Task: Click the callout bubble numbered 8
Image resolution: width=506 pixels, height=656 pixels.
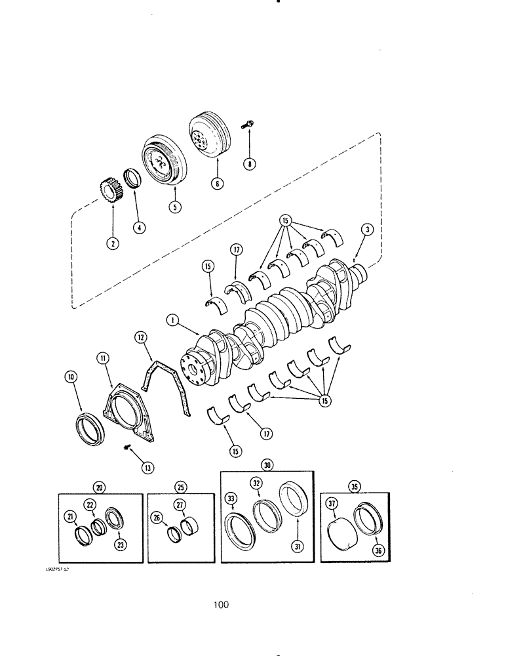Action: click(249, 165)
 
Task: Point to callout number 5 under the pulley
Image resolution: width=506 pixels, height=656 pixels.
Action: click(174, 206)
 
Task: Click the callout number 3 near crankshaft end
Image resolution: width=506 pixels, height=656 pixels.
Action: click(368, 229)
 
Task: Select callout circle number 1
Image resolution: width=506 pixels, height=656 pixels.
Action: click(173, 321)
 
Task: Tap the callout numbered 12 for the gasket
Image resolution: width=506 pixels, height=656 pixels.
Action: click(140, 337)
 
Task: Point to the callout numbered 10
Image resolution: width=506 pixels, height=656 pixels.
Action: click(70, 377)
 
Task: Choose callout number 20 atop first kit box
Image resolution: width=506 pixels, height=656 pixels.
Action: click(100, 488)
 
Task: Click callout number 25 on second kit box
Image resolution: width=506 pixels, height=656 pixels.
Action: click(180, 488)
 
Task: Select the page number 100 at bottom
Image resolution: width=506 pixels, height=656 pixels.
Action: click(221, 605)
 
